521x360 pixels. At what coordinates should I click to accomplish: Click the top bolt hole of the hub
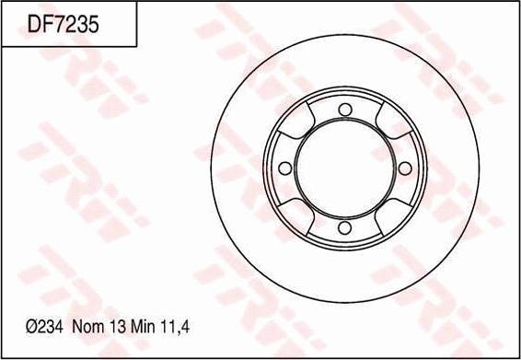tap(344, 111)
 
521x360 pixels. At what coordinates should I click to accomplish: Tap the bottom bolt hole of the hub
tap(344, 226)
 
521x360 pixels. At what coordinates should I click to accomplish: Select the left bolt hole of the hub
tap(285, 168)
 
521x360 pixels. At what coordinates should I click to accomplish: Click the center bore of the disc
tap(344, 168)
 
